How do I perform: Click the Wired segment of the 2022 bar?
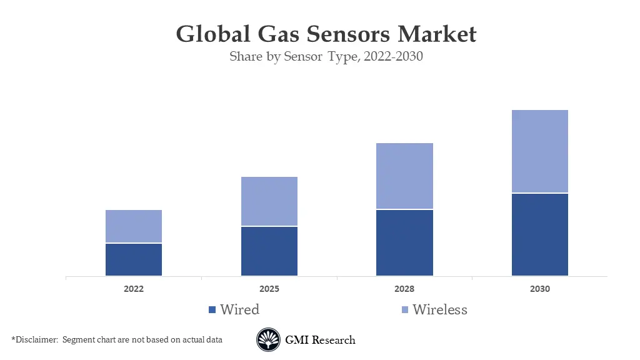click(x=134, y=259)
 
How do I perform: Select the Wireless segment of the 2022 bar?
click(x=134, y=226)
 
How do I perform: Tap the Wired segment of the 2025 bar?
click(x=269, y=251)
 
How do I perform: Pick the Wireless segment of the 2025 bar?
click(x=269, y=201)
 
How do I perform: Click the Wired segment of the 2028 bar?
click(x=404, y=242)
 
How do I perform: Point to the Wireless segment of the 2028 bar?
click(x=404, y=176)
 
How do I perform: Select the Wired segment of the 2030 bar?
click(x=540, y=234)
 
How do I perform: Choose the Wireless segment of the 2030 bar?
click(x=540, y=151)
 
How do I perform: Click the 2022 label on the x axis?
click(x=134, y=289)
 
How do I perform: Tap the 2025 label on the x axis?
click(x=269, y=289)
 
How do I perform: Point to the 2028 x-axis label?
click(x=404, y=289)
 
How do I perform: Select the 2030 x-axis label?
click(x=540, y=289)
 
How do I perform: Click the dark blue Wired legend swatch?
click(x=212, y=310)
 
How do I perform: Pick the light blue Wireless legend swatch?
click(x=404, y=310)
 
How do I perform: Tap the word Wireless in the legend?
click(x=440, y=310)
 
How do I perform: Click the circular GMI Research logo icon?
click(x=267, y=340)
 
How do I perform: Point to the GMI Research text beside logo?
click(x=320, y=341)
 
